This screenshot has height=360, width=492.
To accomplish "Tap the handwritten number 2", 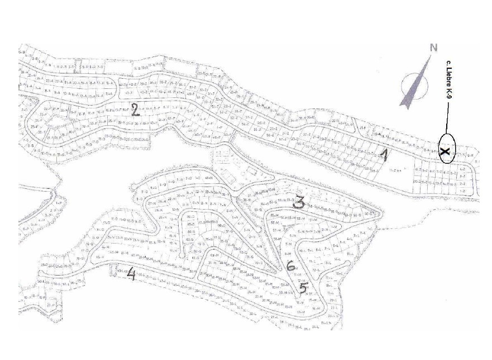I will (134, 108).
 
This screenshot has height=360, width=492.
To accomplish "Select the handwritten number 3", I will (299, 202).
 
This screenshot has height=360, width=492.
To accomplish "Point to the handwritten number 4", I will (132, 273).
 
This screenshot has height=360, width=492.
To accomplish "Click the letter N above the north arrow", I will (433, 48).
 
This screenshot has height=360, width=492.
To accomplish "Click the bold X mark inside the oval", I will (445, 151).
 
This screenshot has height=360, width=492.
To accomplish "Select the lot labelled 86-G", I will (191, 216).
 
